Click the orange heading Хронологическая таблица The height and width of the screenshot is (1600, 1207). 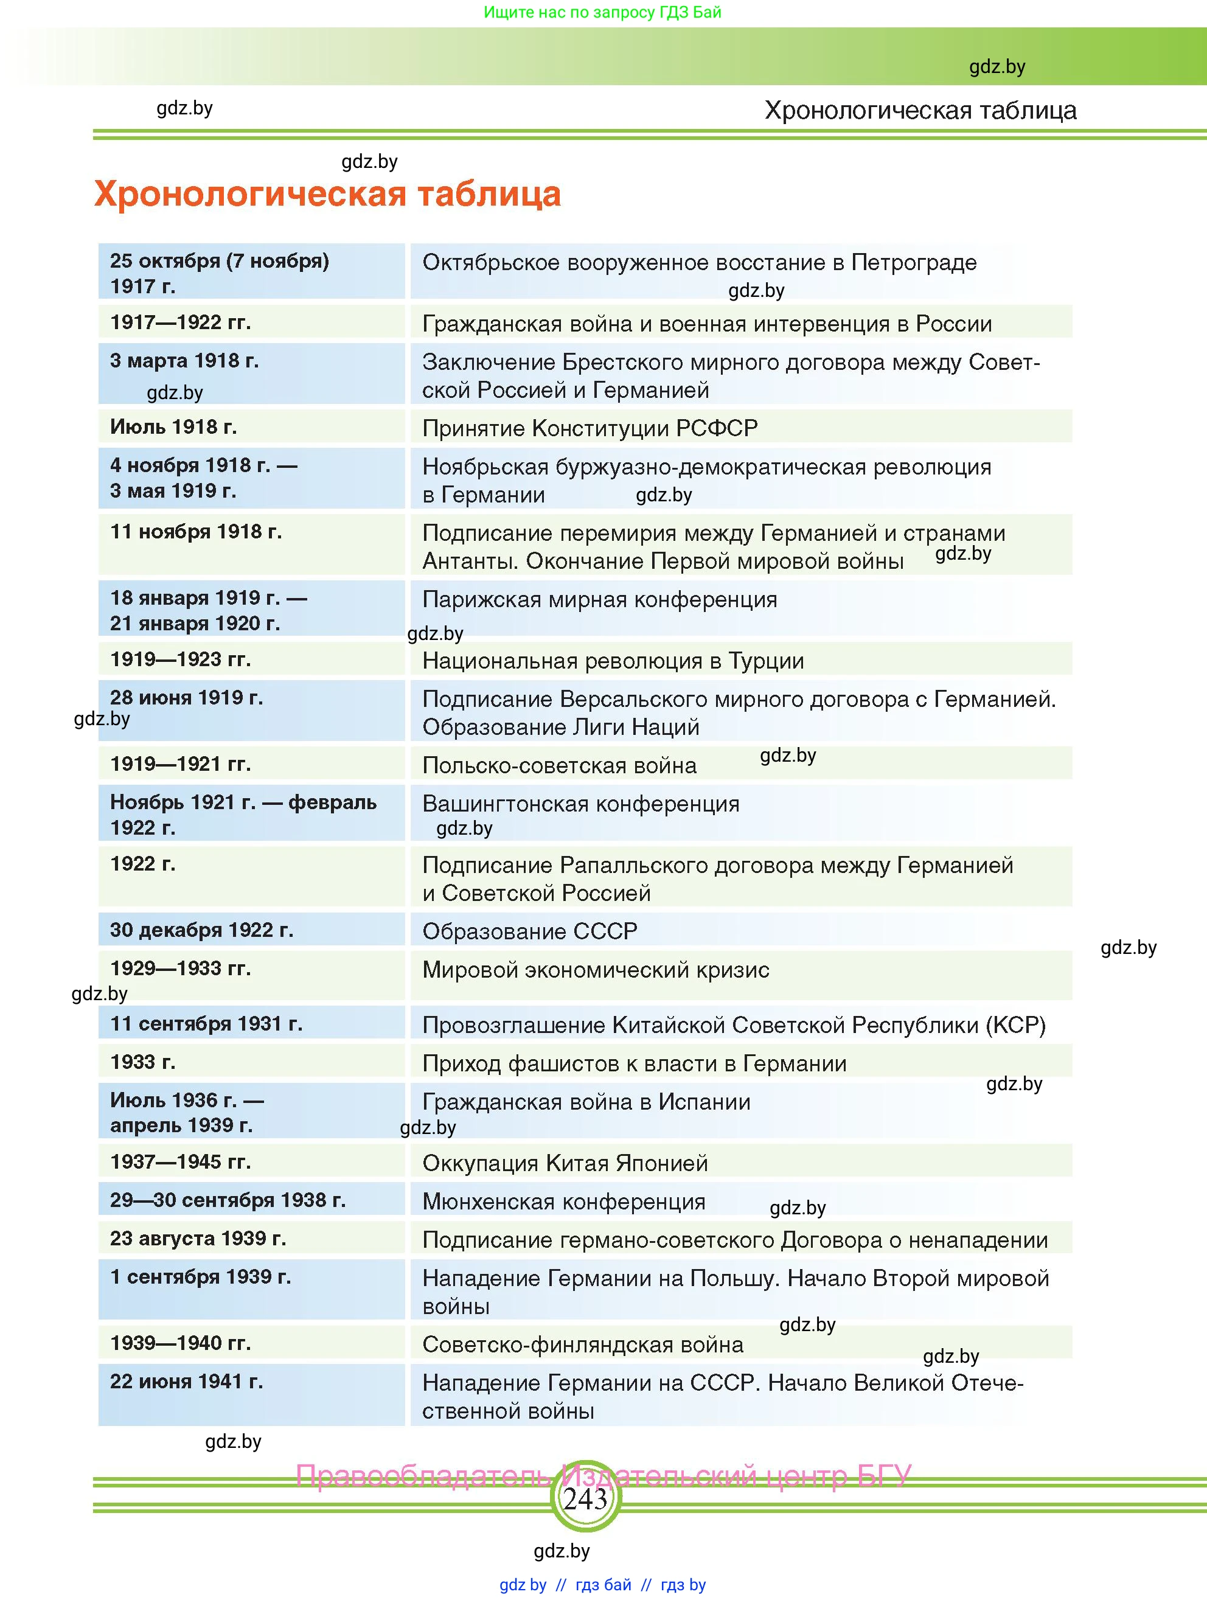327,194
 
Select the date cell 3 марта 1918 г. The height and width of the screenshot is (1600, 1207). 184,361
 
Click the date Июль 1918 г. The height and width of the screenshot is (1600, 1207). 173,426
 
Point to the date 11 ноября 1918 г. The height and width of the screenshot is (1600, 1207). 196,532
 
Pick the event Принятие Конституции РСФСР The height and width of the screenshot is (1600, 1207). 590,428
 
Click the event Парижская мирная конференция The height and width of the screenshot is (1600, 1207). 599,600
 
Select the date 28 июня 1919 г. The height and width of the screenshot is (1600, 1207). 187,698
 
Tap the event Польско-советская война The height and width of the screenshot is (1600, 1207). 559,765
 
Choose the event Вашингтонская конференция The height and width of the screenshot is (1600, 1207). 581,804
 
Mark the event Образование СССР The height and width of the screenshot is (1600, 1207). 529,931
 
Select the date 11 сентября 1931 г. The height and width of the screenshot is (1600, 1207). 206,1023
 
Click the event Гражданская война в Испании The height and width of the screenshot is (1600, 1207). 586,1102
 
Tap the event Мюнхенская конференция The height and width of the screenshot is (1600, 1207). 563,1202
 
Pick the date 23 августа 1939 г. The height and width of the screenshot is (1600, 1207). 198,1239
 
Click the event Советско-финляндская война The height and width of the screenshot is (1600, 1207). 582,1344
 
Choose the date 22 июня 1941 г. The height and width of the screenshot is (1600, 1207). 187,1382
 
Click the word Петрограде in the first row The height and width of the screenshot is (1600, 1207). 913,263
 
